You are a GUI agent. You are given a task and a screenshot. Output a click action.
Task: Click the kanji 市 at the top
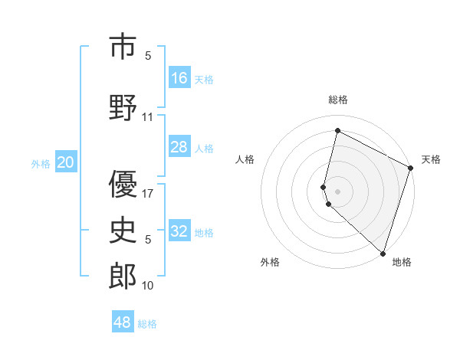[x=123, y=47]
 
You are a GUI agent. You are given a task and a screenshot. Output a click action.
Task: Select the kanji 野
[x=123, y=107]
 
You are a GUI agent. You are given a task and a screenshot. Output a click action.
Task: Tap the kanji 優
[x=123, y=184]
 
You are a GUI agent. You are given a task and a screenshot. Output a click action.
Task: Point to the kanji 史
[x=123, y=230]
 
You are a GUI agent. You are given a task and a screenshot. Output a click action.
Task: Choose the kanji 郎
[x=123, y=277]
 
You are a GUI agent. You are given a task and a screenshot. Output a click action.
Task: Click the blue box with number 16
[x=179, y=77]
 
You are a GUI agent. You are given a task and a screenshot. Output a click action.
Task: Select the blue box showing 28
[x=179, y=147]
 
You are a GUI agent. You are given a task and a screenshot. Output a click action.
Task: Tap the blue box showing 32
[x=179, y=231]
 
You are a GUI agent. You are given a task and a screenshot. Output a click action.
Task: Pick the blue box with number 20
[x=66, y=162]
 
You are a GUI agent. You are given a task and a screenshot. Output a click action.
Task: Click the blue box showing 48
[x=123, y=322]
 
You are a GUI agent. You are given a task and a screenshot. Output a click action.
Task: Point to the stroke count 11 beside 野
[x=148, y=117]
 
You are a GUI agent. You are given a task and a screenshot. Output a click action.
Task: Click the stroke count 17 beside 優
[x=148, y=193]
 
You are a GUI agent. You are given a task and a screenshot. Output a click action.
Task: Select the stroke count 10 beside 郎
[x=148, y=286]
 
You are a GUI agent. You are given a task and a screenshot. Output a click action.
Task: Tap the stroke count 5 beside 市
[x=148, y=56]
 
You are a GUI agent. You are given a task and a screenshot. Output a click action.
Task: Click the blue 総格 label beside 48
[x=147, y=324]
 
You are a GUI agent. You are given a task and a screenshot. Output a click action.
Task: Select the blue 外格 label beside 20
[x=41, y=163]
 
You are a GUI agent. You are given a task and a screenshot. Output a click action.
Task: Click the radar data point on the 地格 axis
[x=382, y=253]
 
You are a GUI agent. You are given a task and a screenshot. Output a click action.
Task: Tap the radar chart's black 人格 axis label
[x=245, y=159]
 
